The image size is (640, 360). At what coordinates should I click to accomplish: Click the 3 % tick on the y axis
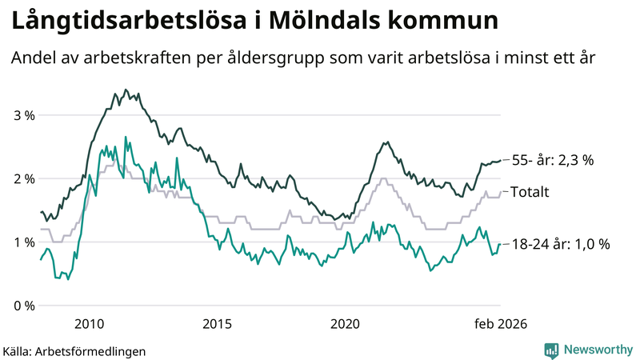coord(24,115)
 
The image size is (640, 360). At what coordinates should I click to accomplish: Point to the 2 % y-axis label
coord(24,178)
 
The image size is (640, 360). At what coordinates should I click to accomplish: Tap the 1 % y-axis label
coord(24,242)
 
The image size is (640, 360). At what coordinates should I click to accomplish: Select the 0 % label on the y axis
coord(24,306)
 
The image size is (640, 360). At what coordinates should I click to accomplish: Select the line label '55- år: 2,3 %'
coord(552,160)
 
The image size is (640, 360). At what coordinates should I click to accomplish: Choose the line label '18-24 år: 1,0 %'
coord(560,244)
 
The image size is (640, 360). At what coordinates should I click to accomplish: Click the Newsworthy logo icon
coord(551,350)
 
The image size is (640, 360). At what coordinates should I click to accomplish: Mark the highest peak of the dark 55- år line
coord(126,90)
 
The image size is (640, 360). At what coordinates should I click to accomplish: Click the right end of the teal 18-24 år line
coord(500,244)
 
